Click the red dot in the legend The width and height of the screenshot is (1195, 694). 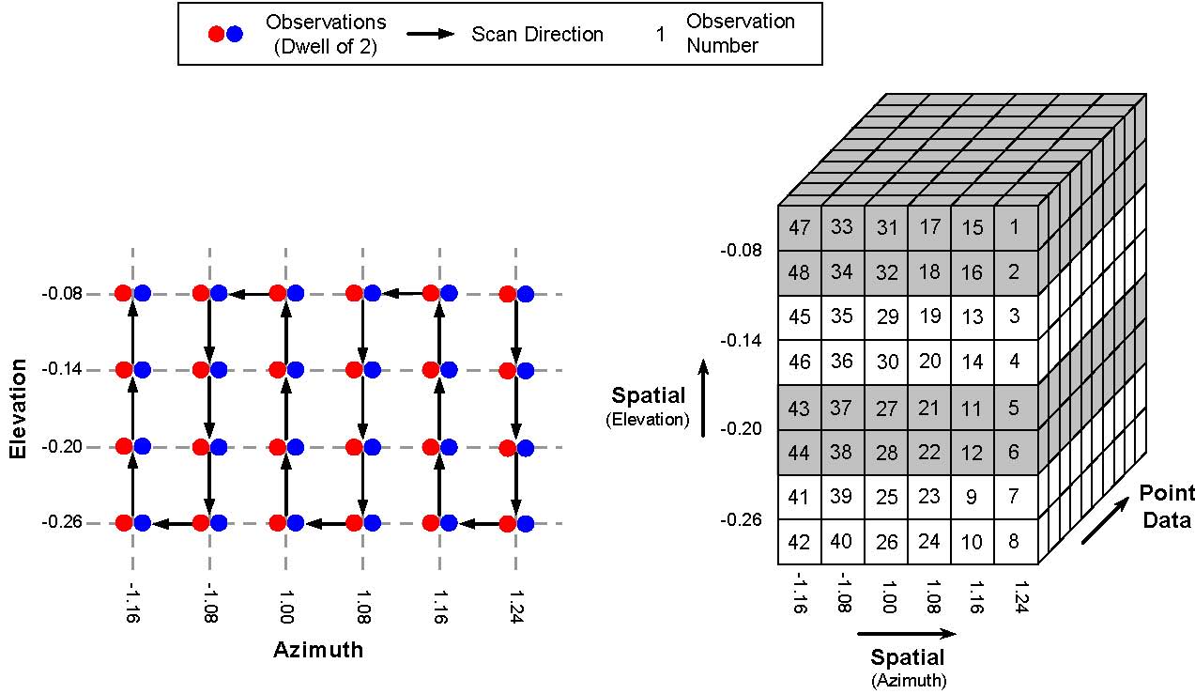216,34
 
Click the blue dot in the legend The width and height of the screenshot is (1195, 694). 234,34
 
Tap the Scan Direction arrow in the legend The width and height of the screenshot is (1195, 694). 431,34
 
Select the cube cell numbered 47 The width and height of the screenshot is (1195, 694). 799,228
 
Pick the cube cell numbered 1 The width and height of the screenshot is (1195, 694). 1016,228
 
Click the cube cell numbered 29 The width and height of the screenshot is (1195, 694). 886,317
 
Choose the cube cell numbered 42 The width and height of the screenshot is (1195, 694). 799,542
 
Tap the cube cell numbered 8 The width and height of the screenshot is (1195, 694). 1016,542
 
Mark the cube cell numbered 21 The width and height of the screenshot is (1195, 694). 929,408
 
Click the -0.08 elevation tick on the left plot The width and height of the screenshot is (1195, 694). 62,294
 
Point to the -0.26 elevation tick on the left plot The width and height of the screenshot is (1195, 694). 62,521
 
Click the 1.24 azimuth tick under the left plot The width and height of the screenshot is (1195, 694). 516,607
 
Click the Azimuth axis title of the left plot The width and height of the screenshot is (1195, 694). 318,650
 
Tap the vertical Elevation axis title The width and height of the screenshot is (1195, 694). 18,409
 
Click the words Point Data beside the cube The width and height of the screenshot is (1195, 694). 1167,506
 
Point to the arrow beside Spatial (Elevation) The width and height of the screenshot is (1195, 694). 704,398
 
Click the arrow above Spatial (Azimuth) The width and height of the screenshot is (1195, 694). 907,634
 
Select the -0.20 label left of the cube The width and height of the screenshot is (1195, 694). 741,428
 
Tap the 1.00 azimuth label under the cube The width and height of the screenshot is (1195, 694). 888,597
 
